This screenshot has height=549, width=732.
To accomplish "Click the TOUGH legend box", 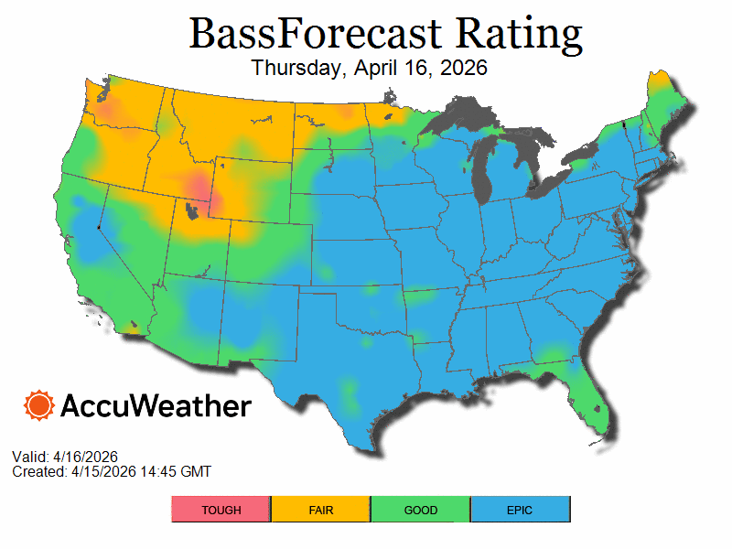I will pos(221,510).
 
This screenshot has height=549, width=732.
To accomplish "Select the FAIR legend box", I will pos(320,510).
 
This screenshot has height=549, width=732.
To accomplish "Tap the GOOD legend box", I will pos(420,510).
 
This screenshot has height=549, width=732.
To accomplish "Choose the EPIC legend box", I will pos(520,510).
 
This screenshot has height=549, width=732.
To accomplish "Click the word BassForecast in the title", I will pos(307,34).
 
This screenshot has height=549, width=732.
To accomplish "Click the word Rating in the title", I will pos(520,34).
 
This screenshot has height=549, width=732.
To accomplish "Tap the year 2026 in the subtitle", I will pos(462,68).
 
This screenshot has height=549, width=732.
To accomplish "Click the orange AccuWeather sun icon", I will pos(38,405).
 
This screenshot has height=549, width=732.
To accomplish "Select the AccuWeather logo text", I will pos(156,406).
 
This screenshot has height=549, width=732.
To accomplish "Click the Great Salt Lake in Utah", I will pos(190,211).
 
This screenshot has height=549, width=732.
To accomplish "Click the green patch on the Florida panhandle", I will pos(549,355).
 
